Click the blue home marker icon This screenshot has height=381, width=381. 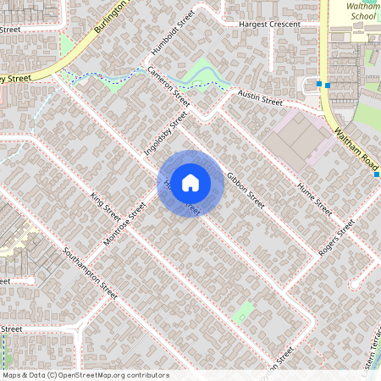pyautogui.click(x=190, y=182)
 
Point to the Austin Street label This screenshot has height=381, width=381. pyautogui.click(x=259, y=99)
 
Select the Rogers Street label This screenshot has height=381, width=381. pyautogui.click(x=336, y=240)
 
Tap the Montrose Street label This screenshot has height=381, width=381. pyautogui.click(x=124, y=224)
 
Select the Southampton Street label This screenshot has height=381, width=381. pyautogui.click(x=90, y=272)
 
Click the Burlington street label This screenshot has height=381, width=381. pyautogui.click(x=110, y=17)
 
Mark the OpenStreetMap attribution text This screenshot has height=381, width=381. pyautogui.click(x=86, y=374)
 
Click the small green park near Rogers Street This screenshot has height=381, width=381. pyautogui.click(x=243, y=311)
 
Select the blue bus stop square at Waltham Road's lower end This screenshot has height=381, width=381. pyautogui.click(x=377, y=174)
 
